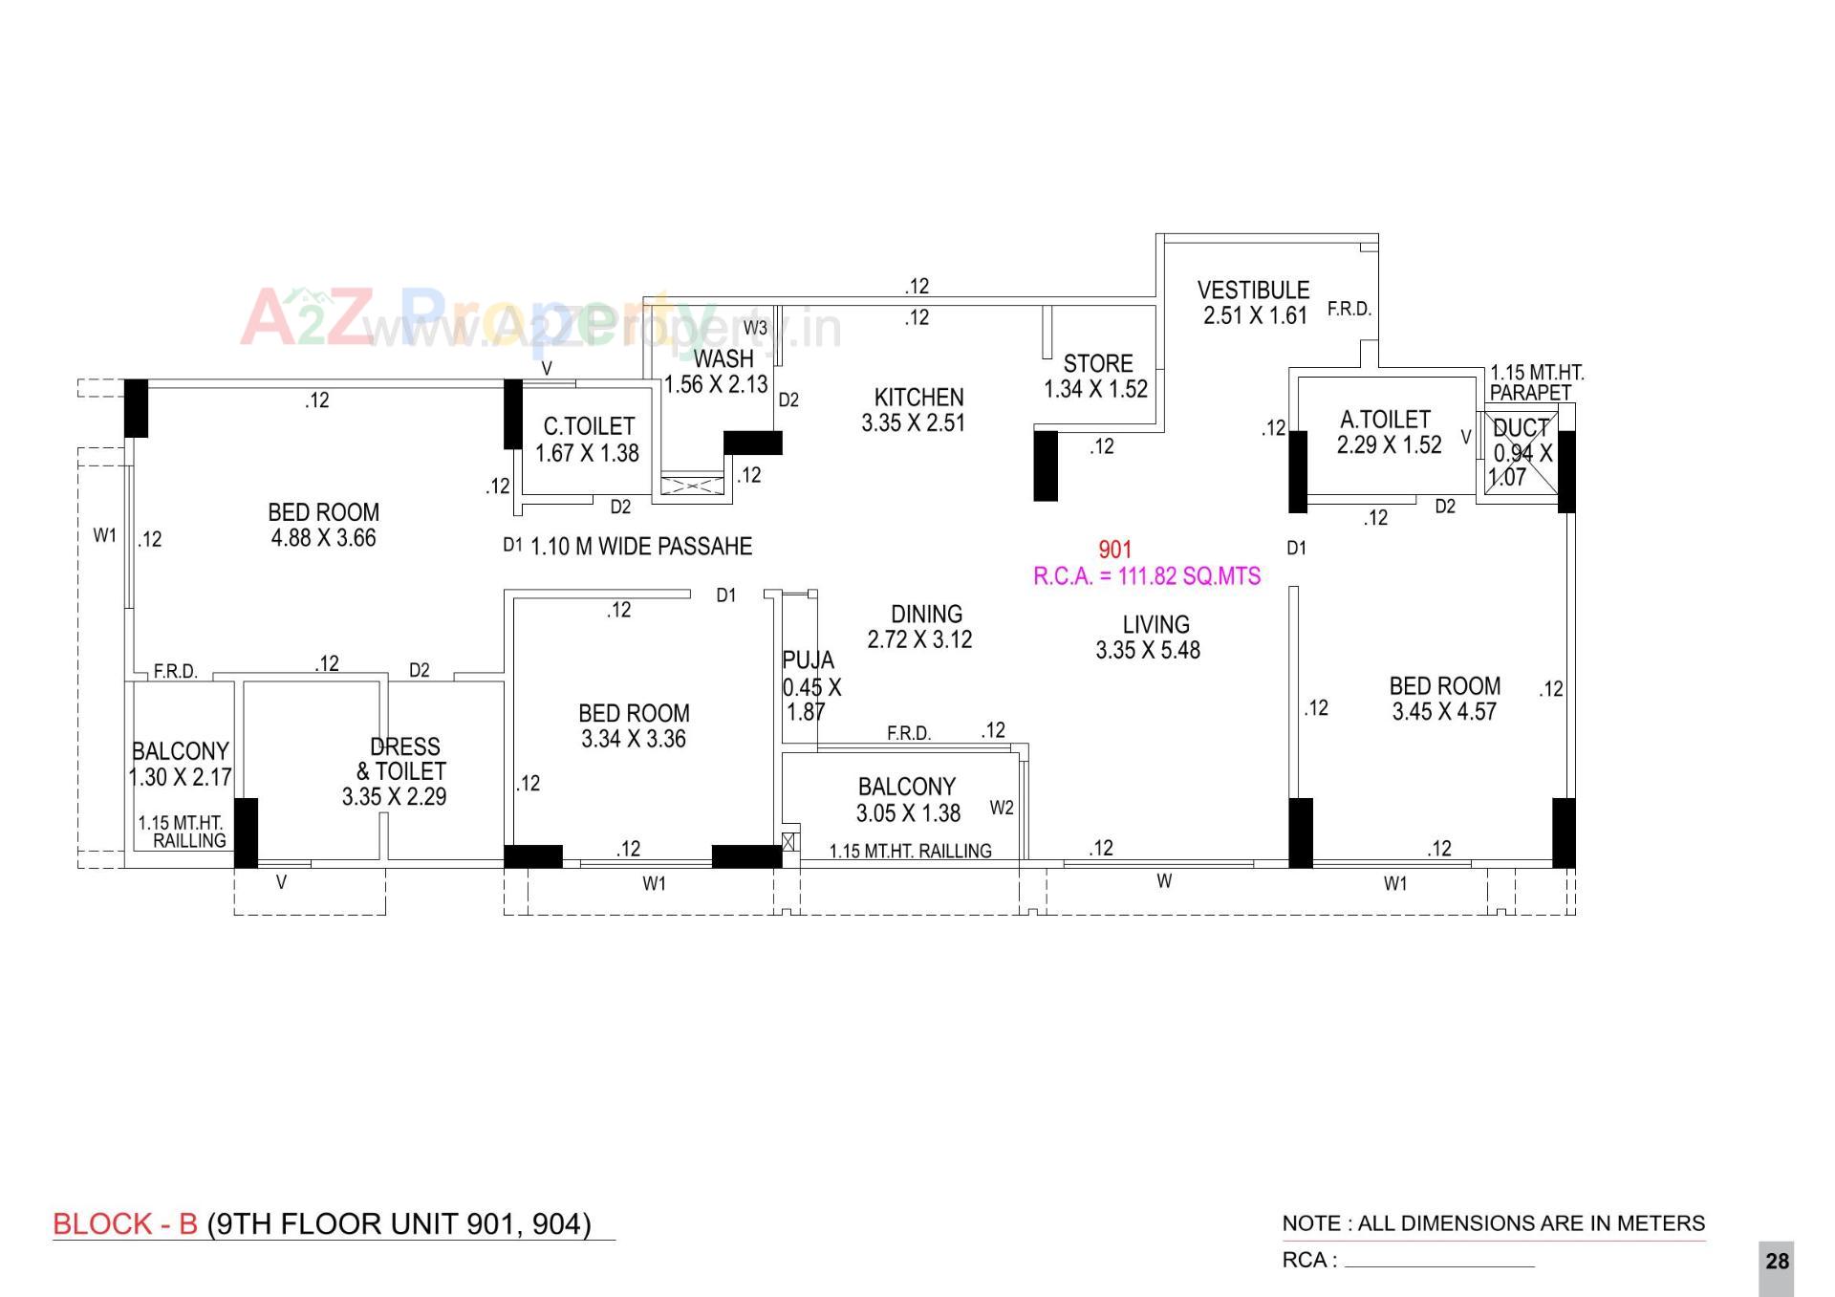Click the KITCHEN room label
[918, 398]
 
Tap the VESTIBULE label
[1253, 291]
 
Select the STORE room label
[1098, 364]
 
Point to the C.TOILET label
[589, 426]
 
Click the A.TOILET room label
[1385, 421]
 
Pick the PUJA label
[808, 660]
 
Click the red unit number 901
[1115, 550]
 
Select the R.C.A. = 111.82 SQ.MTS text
[1147, 576]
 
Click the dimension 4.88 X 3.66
[324, 538]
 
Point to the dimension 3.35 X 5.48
[1148, 651]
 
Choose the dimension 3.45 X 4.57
[1444, 712]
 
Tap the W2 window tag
[1002, 808]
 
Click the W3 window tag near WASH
[755, 328]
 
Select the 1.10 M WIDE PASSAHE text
[641, 547]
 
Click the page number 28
[1777, 1262]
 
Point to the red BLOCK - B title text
[125, 1224]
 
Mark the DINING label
[926, 615]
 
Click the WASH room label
[723, 359]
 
